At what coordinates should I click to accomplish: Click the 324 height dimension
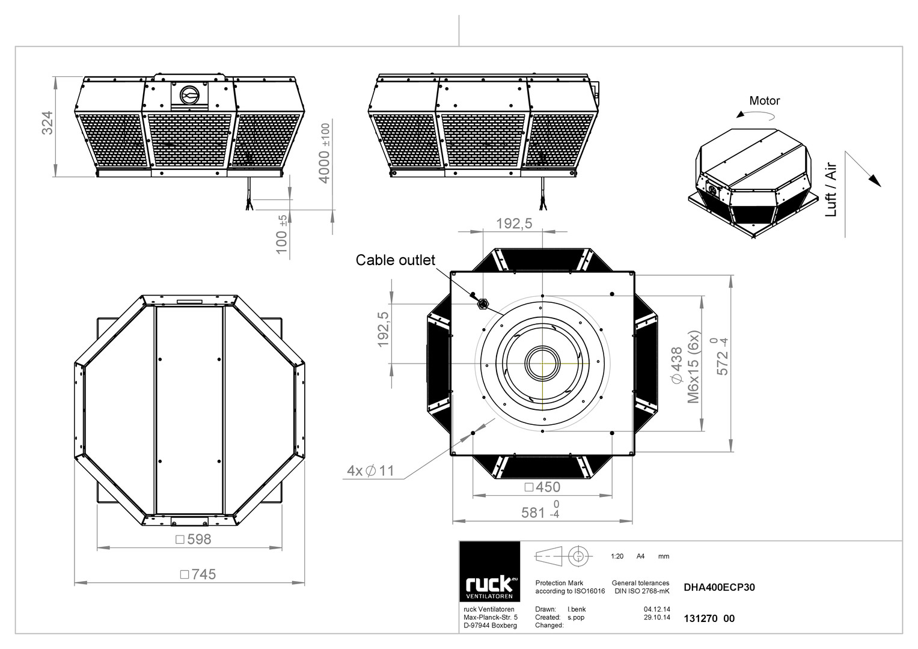(x=47, y=123)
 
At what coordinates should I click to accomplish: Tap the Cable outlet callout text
(x=395, y=260)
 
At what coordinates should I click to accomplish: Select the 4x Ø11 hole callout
(x=370, y=471)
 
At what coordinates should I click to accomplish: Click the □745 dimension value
(x=198, y=574)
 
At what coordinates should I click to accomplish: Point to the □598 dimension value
(x=194, y=539)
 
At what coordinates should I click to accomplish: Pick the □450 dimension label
(x=542, y=487)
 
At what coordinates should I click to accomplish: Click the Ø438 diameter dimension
(x=677, y=365)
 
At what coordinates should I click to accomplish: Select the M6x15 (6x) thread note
(x=693, y=367)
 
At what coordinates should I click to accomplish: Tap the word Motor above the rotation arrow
(x=764, y=100)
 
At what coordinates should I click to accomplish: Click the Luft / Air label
(x=830, y=189)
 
